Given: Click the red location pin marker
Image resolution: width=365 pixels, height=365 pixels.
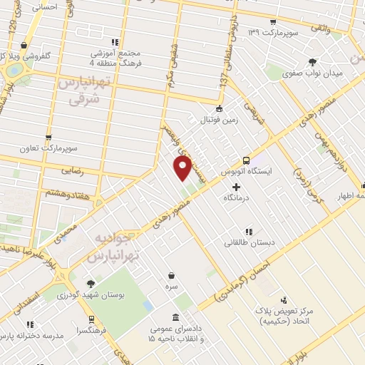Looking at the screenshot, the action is (x=182, y=169).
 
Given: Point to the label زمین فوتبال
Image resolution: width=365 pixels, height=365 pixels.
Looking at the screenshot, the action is (x=219, y=120).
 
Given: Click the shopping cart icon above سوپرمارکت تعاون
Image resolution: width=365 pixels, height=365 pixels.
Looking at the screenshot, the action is (x=48, y=137).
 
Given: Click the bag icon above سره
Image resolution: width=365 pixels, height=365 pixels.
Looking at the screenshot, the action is (x=171, y=275).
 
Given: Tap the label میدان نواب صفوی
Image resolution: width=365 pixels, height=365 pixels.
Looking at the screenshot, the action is (x=313, y=73).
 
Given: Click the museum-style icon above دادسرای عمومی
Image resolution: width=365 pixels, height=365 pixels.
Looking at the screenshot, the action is (x=176, y=318).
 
